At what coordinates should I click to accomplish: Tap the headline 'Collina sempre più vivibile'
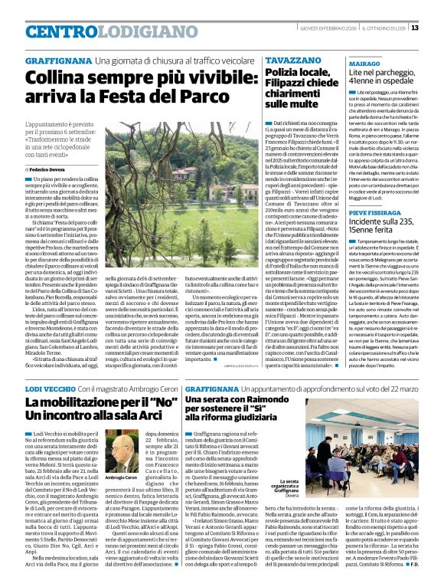click(x=116, y=86)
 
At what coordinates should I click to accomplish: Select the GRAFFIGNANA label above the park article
click(x=57, y=59)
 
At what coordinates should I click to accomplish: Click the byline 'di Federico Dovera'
click(x=50, y=168)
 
